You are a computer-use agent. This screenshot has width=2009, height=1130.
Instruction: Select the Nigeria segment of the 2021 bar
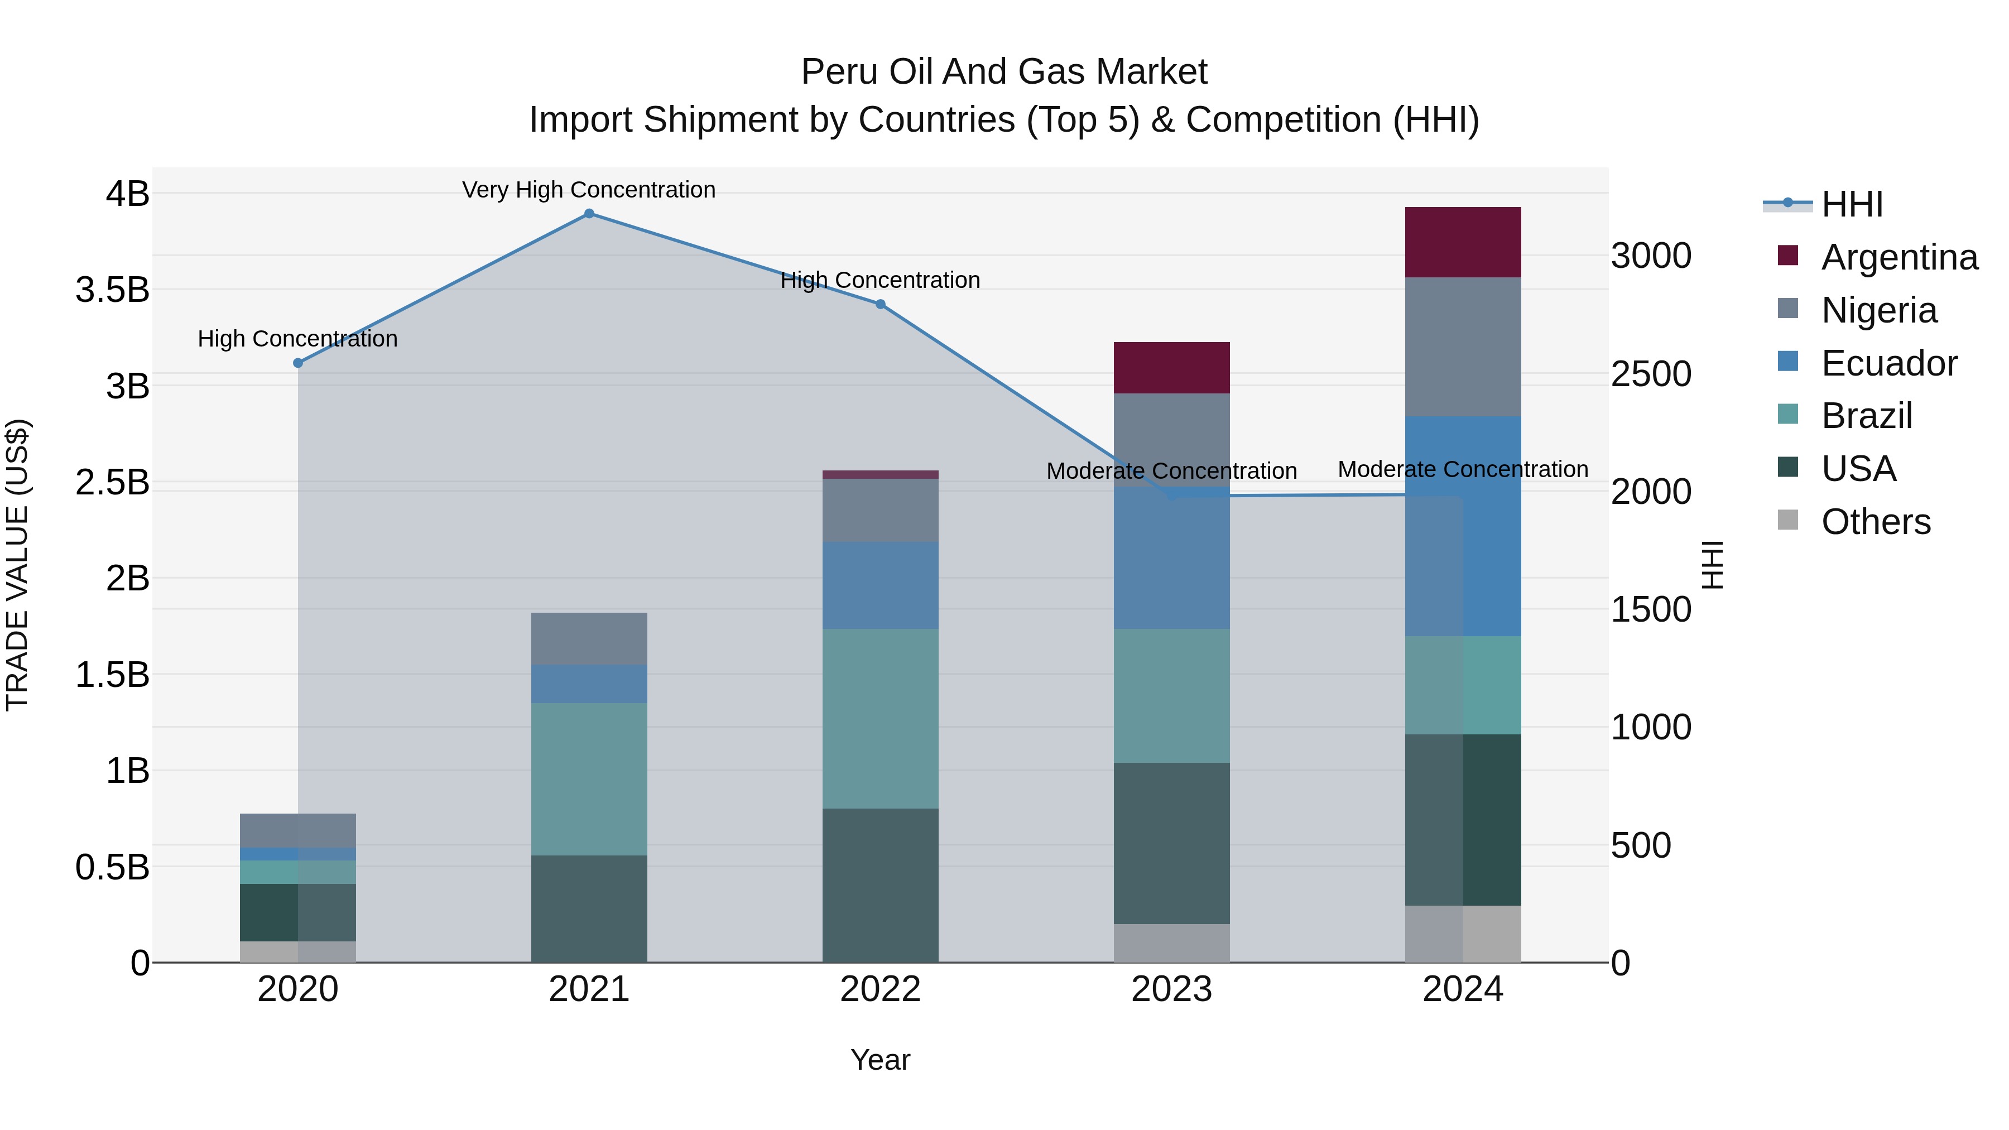click(x=589, y=639)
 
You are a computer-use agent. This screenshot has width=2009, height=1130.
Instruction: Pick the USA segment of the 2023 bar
click(x=1171, y=843)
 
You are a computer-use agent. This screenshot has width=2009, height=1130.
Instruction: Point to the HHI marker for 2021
click(x=589, y=214)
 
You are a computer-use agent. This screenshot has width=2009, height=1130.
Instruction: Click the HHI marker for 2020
click(x=298, y=363)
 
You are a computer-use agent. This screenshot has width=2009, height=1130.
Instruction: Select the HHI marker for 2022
click(x=881, y=304)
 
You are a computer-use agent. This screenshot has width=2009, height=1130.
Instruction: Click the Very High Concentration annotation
click(x=589, y=190)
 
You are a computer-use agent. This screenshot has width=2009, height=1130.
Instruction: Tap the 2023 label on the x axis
click(x=1171, y=989)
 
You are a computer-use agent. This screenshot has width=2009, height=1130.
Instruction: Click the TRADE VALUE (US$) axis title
click(x=17, y=565)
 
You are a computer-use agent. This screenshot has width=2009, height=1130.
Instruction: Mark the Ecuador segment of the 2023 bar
click(x=1171, y=557)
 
